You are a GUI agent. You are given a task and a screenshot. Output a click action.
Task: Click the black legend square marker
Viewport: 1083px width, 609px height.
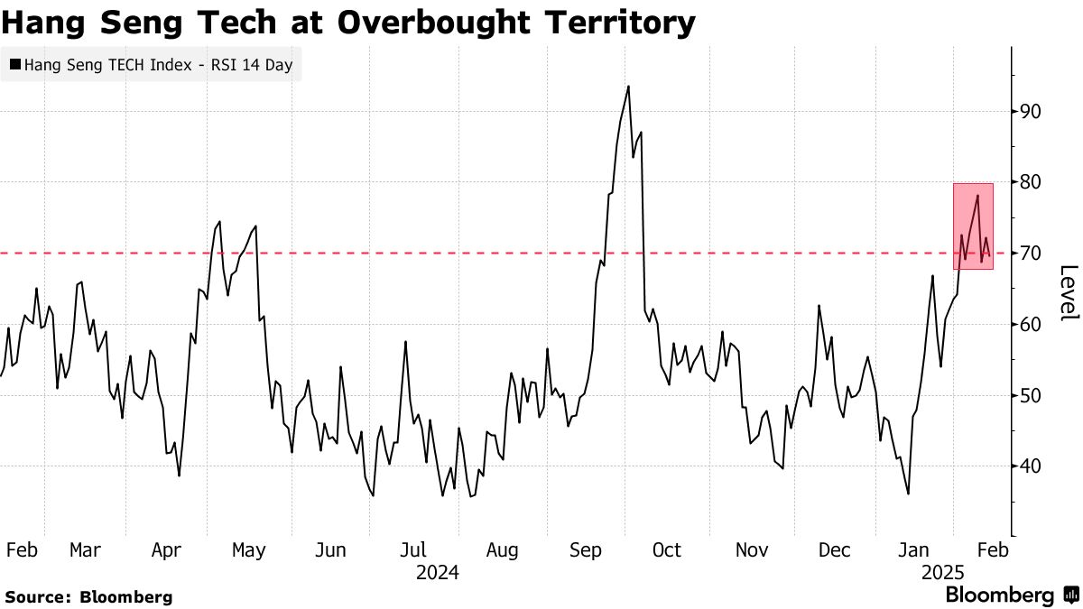(x=15, y=65)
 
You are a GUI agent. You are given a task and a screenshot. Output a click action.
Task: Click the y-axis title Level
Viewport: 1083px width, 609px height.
(x=1068, y=292)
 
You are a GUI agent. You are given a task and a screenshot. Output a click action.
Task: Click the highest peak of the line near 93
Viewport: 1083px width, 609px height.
(x=628, y=87)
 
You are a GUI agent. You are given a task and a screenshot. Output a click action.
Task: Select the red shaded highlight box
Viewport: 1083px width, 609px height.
(x=973, y=226)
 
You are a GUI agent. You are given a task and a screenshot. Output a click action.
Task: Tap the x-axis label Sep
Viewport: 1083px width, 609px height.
(x=586, y=549)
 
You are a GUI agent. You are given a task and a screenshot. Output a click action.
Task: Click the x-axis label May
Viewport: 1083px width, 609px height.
(x=248, y=549)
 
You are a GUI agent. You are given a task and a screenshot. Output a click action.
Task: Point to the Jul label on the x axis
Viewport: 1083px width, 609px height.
(x=413, y=549)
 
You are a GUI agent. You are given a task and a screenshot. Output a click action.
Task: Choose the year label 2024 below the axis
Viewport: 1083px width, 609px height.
(x=437, y=572)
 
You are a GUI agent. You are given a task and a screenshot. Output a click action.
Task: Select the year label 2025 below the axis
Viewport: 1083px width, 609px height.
(x=943, y=572)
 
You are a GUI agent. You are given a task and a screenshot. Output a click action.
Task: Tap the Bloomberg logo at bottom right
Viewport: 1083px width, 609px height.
(x=1011, y=595)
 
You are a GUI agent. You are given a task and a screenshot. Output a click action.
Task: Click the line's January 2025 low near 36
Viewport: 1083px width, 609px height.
(x=908, y=494)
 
